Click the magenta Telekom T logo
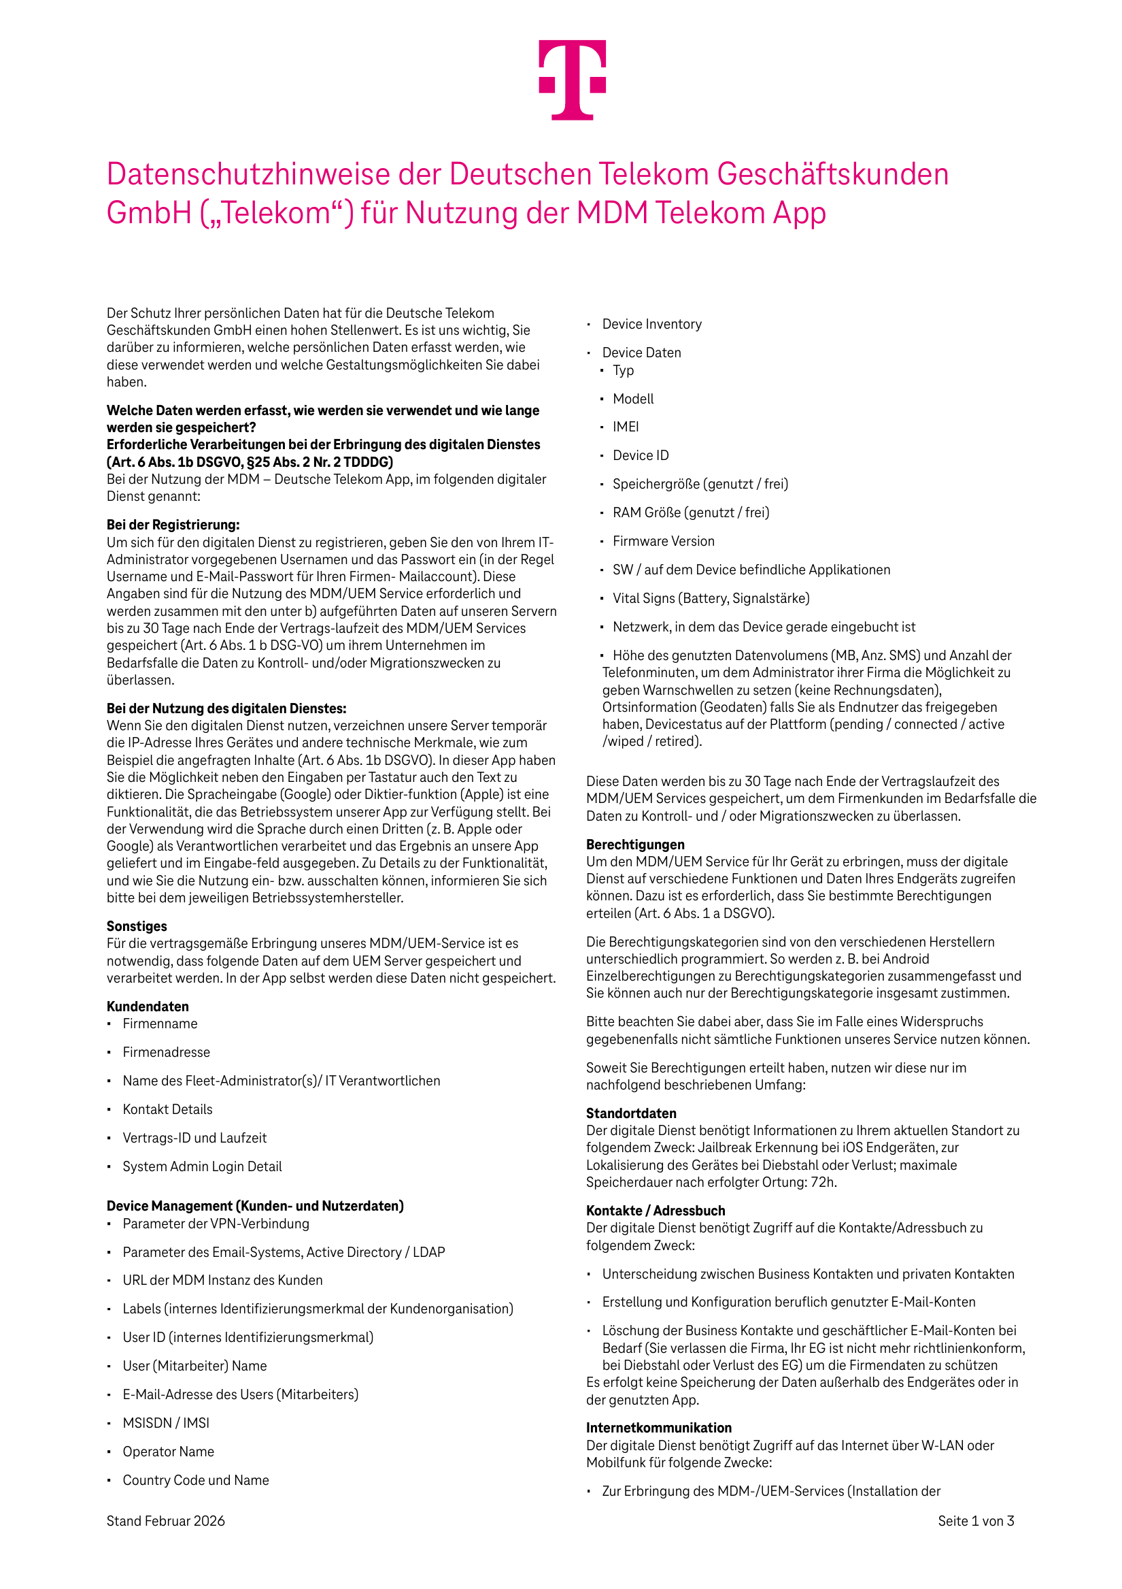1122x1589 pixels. (572, 80)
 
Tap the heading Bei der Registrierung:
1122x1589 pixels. (173, 525)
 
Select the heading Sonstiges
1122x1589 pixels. (137, 926)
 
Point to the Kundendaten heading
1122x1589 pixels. (148, 1006)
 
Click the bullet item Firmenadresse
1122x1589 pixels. (166, 1052)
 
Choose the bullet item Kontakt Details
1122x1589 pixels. (167, 1109)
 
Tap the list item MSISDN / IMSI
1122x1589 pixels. (166, 1423)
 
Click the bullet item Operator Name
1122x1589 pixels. (168, 1452)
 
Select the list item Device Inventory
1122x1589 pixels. (651, 324)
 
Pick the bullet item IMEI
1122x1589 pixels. (626, 427)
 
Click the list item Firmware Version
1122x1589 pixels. (664, 541)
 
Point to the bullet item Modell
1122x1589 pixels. (633, 399)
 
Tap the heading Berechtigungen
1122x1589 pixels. (635, 845)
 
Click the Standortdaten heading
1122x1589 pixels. (631, 1113)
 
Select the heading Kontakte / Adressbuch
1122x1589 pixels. (655, 1211)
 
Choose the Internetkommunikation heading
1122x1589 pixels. (658, 1428)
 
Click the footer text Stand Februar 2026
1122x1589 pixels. (165, 1520)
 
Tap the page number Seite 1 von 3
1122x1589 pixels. (975, 1520)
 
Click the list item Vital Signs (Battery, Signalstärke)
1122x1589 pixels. (711, 598)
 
